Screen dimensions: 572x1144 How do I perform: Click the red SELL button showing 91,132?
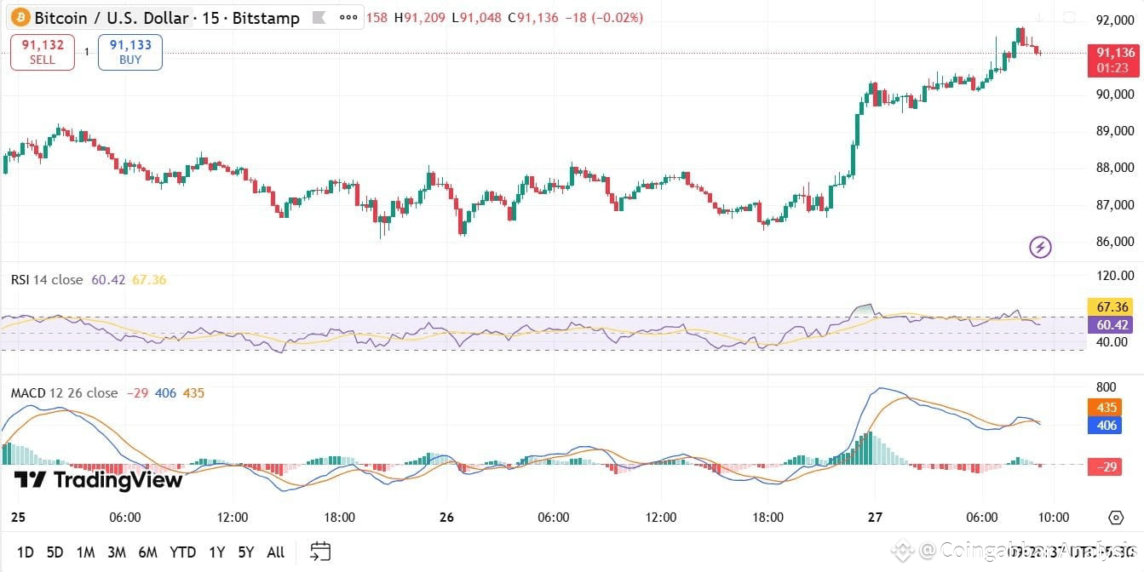pos(43,52)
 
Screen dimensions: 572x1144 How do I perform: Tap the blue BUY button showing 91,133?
pos(130,52)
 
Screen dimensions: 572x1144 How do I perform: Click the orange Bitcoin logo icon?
pos(19,17)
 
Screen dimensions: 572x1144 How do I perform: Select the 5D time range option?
pos(55,552)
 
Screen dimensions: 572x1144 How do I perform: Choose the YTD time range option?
pos(182,552)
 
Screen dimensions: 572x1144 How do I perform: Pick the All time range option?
pos(275,552)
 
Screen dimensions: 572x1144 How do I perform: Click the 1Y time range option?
pos(217,552)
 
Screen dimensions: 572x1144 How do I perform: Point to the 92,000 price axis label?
pos(1115,20)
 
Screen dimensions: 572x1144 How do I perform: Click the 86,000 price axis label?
pos(1115,242)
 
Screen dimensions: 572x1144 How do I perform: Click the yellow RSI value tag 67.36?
pos(1113,306)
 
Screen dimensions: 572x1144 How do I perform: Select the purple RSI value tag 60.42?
pos(1113,324)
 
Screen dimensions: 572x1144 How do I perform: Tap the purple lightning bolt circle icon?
pos(1040,248)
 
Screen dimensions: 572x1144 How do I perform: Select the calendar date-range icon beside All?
pos(320,552)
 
